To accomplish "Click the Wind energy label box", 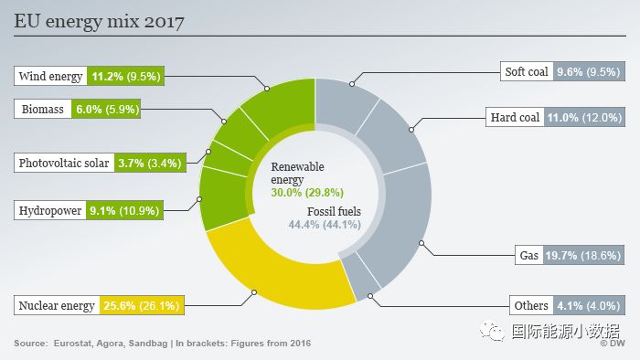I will (51, 77).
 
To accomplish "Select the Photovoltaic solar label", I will (65, 164).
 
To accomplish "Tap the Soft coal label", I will (527, 71).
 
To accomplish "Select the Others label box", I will (530, 305).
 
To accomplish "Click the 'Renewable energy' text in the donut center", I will (297, 174).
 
